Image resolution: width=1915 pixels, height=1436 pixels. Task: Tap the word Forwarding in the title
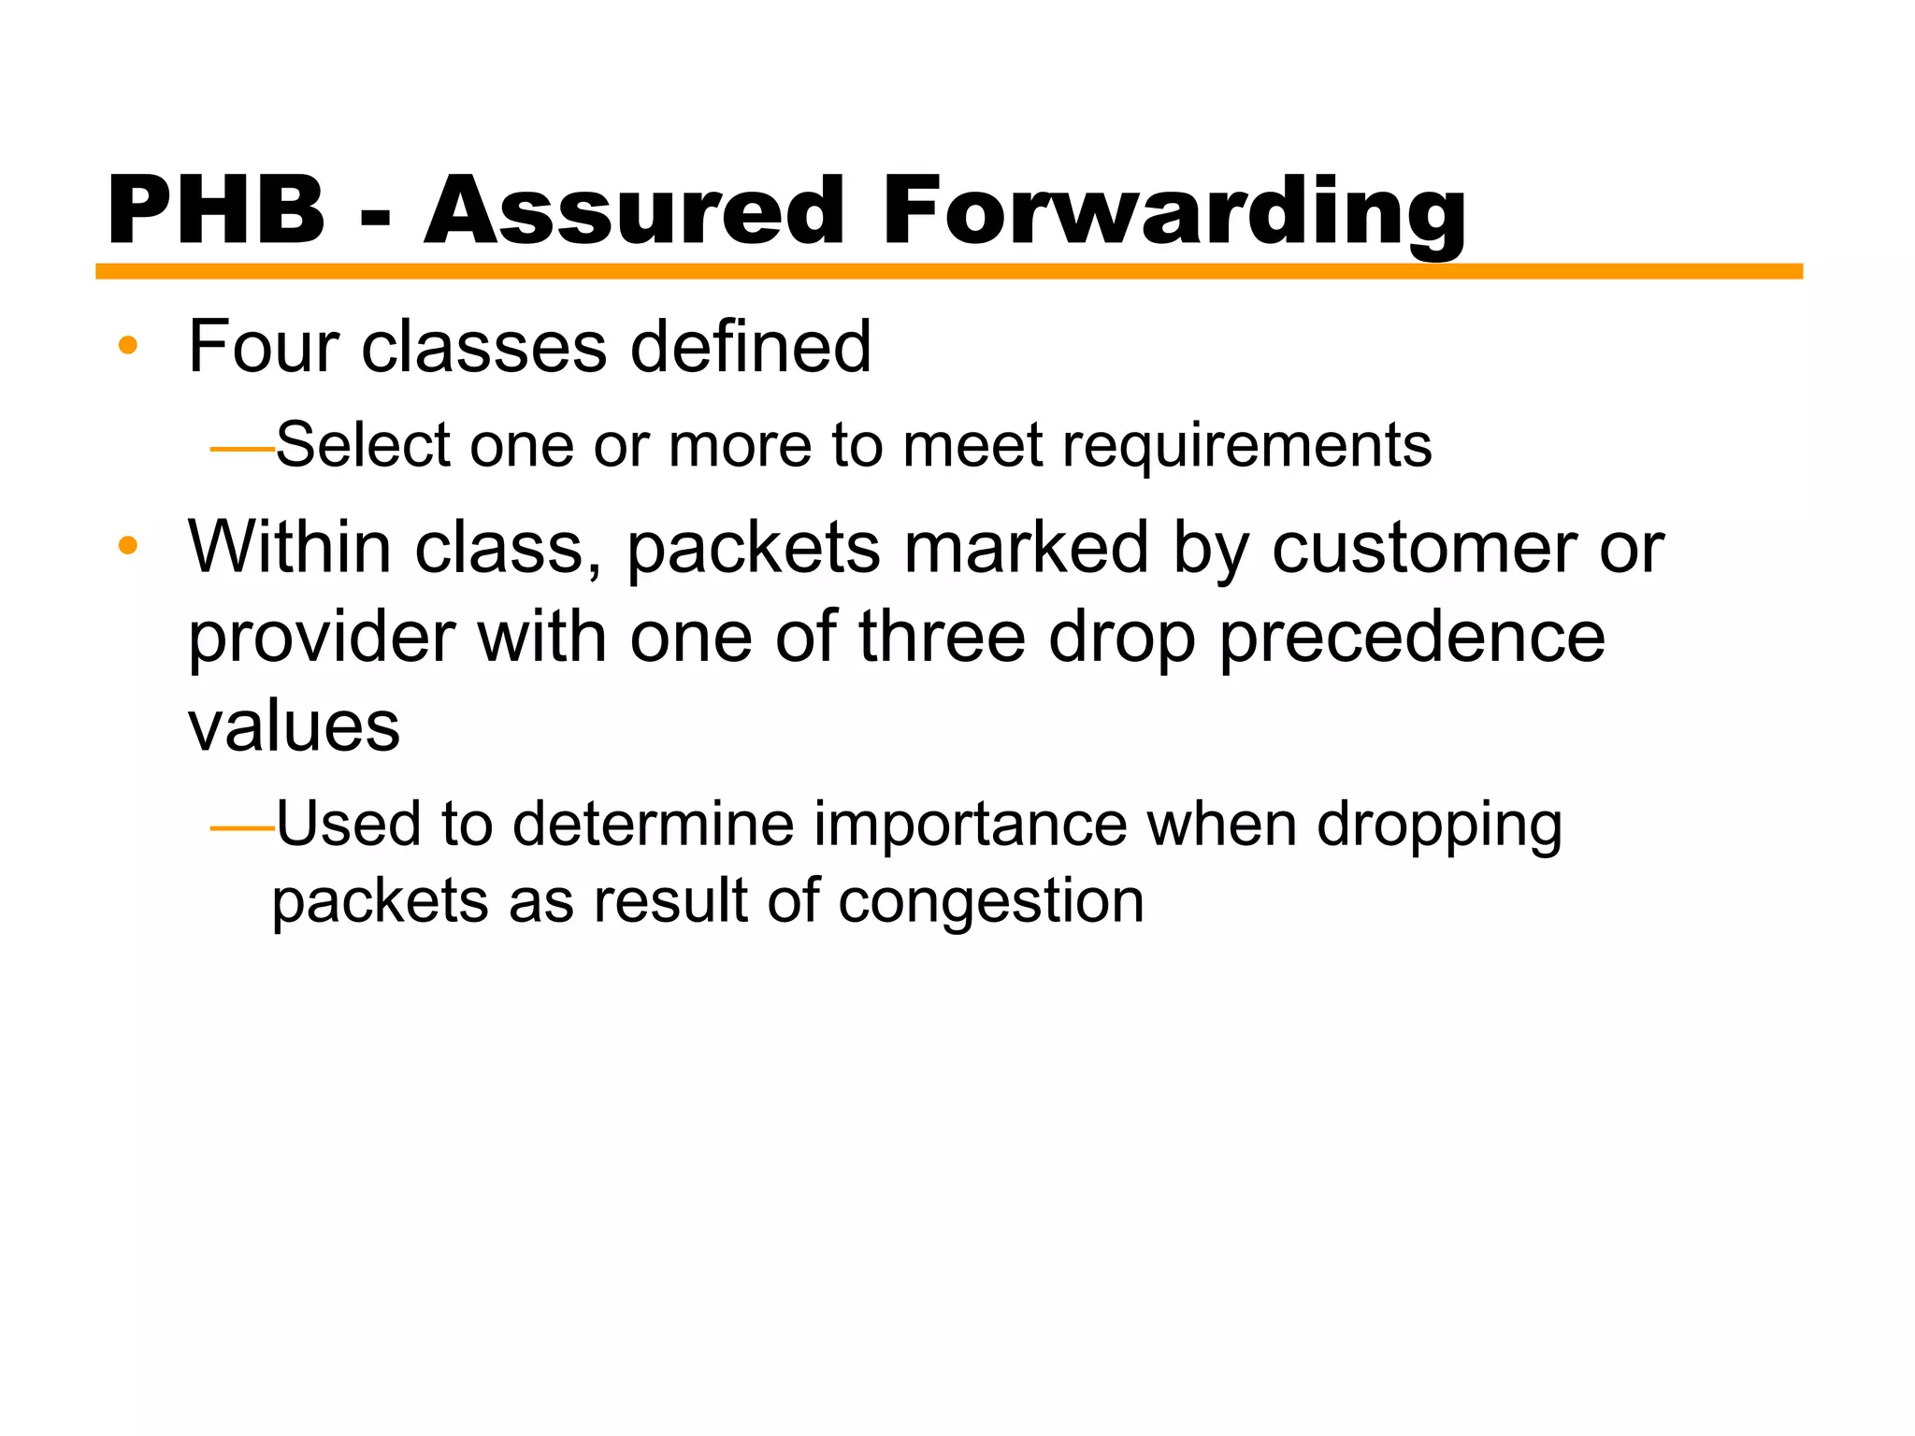tap(1173, 213)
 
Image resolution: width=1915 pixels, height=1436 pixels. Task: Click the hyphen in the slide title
tap(374, 221)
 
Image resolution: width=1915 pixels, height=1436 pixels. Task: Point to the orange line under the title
tap(948, 271)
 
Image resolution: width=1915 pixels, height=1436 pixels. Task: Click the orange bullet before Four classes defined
tap(128, 347)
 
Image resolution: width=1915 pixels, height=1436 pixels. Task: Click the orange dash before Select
tap(241, 450)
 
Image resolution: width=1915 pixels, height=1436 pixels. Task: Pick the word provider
tap(321, 639)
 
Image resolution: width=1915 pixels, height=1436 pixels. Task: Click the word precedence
tap(1412, 639)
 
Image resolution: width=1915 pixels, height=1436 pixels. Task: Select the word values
tap(294, 726)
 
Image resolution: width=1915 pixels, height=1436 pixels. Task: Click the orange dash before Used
tap(241, 828)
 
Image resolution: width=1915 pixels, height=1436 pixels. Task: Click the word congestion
tap(990, 903)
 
